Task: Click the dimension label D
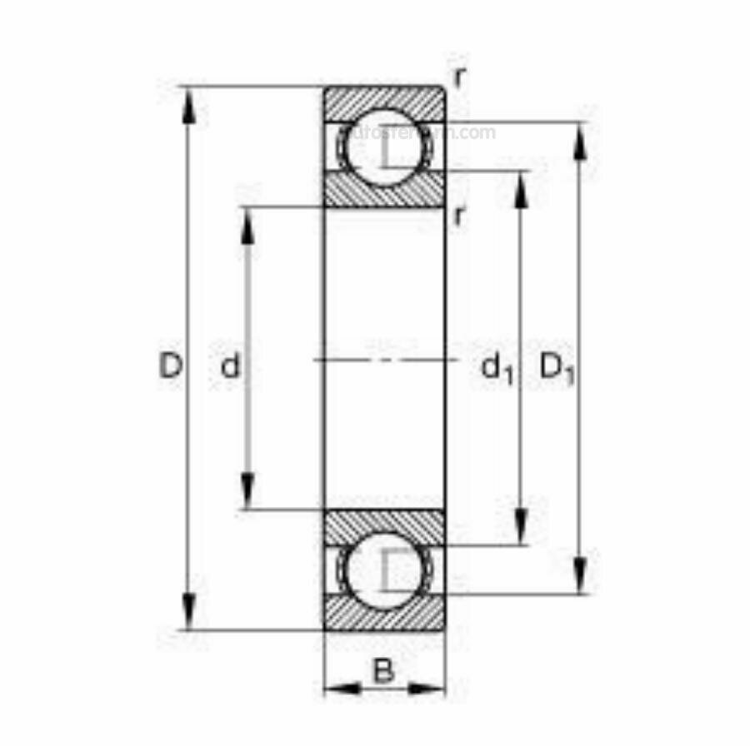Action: pos(170,366)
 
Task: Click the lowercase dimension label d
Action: pos(230,366)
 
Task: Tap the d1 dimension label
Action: pos(497,368)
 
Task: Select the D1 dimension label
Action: pos(557,368)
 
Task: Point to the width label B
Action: pos(382,670)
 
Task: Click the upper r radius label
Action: pos(459,77)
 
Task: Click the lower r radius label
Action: pos(458,216)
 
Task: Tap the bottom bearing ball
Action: pos(384,570)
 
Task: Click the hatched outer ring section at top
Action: pos(384,102)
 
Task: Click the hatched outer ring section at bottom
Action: pos(384,614)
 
